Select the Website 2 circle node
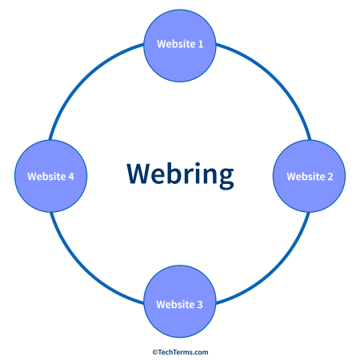click(x=309, y=176)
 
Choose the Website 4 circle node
click(x=50, y=176)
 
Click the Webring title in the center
click(x=180, y=173)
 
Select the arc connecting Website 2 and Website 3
click(x=272, y=268)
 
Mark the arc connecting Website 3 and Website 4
click(x=86, y=268)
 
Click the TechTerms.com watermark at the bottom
click(x=180, y=351)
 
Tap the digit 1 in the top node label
click(x=200, y=44)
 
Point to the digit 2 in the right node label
click(x=330, y=176)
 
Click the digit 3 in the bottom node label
click(x=200, y=304)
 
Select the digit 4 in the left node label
click(x=71, y=176)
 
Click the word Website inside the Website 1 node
click(x=175, y=44)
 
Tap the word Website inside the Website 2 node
click(x=305, y=176)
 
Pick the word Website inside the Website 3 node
click(x=175, y=304)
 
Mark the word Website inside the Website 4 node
click(x=46, y=176)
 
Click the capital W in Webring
click(x=138, y=173)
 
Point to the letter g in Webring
click(x=226, y=176)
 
